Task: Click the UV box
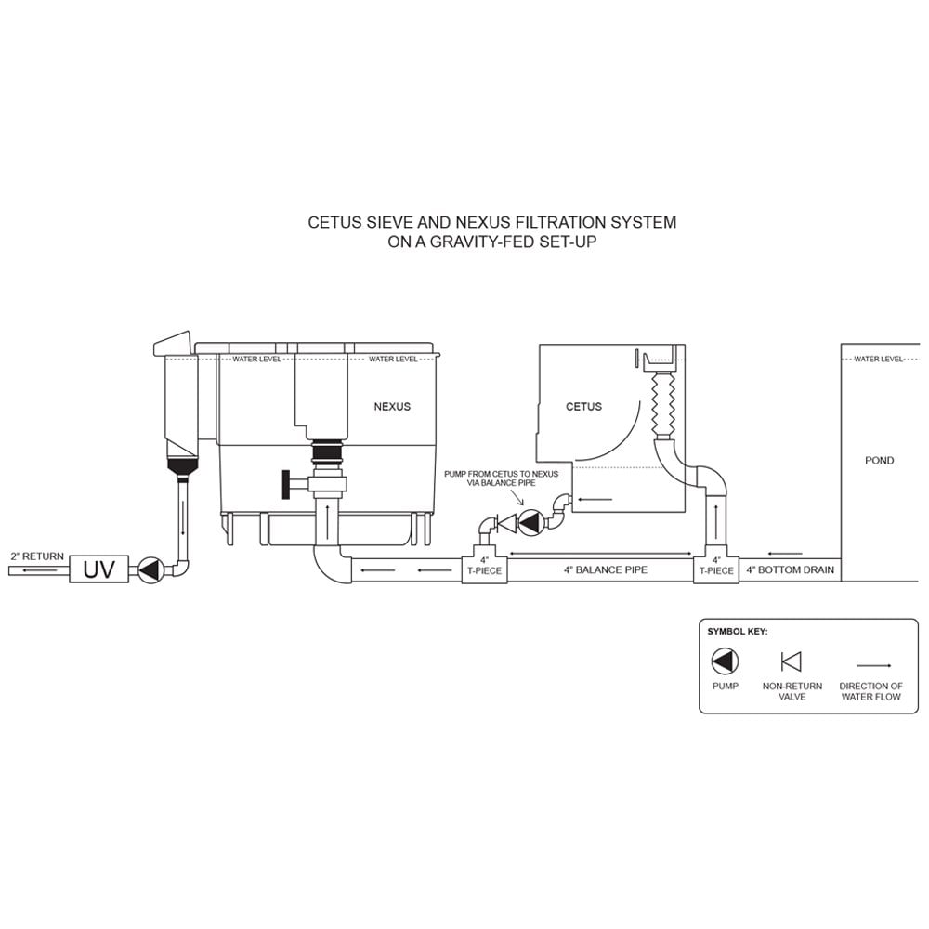click(99, 569)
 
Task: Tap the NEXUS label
click(392, 407)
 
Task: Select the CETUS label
click(583, 407)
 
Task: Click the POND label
click(879, 461)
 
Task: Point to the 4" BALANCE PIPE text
click(606, 570)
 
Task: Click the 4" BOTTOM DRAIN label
click(791, 570)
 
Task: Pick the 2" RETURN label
click(37, 556)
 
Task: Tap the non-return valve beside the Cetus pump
click(506, 523)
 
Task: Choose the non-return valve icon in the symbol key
click(792, 661)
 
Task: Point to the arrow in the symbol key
click(871, 665)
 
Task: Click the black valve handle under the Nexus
click(286, 485)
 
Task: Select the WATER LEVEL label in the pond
click(879, 359)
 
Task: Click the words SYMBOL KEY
click(738, 632)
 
